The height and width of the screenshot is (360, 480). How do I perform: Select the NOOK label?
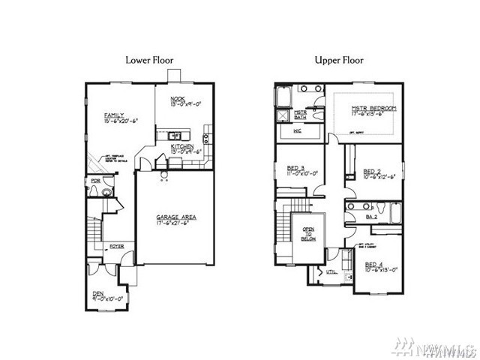(178, 98)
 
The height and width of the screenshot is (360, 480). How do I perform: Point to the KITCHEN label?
(182, 145)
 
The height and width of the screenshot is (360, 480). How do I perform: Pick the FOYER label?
(117, 245)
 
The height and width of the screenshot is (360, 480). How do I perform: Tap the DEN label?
(97, 293)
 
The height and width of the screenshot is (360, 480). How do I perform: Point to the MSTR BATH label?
(300, 115)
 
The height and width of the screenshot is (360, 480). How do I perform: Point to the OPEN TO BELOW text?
(308, 233)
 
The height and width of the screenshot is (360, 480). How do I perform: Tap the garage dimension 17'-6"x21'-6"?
(171, 223)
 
